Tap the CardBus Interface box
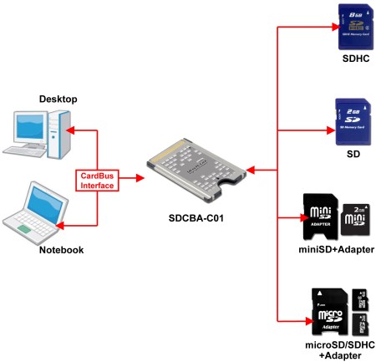tap(98, 180)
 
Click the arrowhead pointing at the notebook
tap(70, 223)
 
